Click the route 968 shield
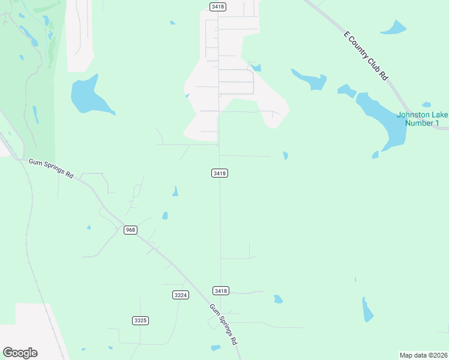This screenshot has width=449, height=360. click(x=130, y=230)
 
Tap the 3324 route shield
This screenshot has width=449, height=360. click(x=180, y=295)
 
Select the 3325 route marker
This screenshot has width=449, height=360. click(x=140, y=320)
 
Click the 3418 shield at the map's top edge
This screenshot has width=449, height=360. click(x=217, y=6)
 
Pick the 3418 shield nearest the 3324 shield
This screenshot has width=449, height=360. click(x=220, y=290)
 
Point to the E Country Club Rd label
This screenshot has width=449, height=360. click(x=366, y=56)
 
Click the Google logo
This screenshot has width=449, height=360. click(x=20, y=352)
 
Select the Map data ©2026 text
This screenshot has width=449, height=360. click(x=423, y=355)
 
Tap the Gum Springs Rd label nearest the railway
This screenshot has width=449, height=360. click(x=51, y=167)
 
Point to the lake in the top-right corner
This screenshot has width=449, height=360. click(x=394, y=28)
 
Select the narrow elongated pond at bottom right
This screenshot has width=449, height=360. click(x=367, y=310)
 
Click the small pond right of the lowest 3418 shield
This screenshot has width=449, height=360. click(x=278, y=299)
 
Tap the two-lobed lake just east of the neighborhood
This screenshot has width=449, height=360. click(x=311, y=79)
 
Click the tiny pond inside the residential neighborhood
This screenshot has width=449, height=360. click(x=256, y=68)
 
